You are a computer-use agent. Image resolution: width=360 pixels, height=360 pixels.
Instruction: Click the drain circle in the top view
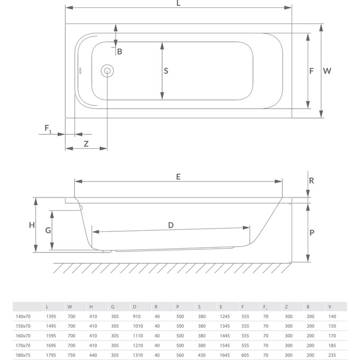[x=107, y=70]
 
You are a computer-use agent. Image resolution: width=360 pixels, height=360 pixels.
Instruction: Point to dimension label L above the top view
[x=178, y=3]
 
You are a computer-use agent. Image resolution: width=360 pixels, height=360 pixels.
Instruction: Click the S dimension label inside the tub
[x=166, y=70]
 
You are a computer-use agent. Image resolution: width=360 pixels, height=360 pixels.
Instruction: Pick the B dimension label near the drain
[x=120, y=51]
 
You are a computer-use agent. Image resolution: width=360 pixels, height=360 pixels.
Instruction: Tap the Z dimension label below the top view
[x=86, y=144]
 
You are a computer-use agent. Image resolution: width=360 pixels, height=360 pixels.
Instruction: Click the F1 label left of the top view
[x=48, y=129]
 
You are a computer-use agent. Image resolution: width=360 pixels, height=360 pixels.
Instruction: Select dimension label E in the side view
[x=178, y=177]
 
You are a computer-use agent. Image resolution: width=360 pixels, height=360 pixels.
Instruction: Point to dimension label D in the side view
[x=170, y=225]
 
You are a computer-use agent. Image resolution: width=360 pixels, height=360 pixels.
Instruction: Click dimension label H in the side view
[x=32, y=224]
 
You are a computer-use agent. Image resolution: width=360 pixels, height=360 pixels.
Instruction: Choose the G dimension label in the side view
[x=48, y=230]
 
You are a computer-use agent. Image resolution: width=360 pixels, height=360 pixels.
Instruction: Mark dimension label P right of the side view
[x=312, y=232]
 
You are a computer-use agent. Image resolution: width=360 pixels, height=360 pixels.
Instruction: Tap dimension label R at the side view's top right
[x=312, y=180]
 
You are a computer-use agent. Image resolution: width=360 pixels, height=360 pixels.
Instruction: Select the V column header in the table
[x=330, y=307]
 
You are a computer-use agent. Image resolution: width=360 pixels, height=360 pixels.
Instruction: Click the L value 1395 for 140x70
[x=51, y=316]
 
